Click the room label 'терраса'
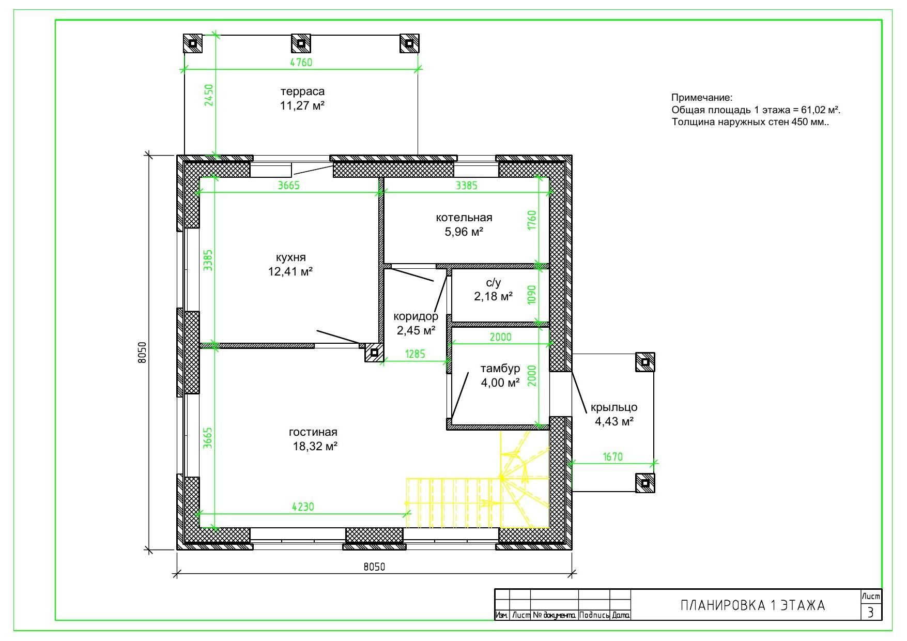pyautogui.click(x=302, y=91)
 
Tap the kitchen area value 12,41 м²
pyautogui.click(x=290, y=271)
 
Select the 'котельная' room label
pyautogui.click(x=464, y=218)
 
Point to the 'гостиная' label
pyautogui.click(x=313, y=432)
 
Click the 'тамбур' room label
pyautogui.click(x=500, y=369)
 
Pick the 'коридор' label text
pyautogui.click(x=416, y=316)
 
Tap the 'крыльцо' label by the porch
pyautogui.click(x=614, y=407)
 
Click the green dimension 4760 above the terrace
pyautogui.click(x=301, y=63)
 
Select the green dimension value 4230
pyautogui.click(x=303, y=507)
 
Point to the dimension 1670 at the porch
pyautogui.click(x=612, y=457)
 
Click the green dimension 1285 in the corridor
pyautogui.click(x=415, y=354)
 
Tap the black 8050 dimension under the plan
pyautogui.click(x=374, y=567)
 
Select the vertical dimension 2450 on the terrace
pyautogui.click(x=209, y=95)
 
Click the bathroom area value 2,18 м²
pyautogui.click(x=494, y=296)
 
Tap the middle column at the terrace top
pyautogui.click(x=301, y=43)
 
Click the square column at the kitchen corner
pyautogui.click(x=374, y=353)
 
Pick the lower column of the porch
pyautogui.click(x=645, y=483)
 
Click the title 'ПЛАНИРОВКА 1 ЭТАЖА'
pyautogui.click(x=752, y=605)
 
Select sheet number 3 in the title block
pyautogui.click(x=871, y=613)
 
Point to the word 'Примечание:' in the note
pyautogui.click(x=702, y=98)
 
